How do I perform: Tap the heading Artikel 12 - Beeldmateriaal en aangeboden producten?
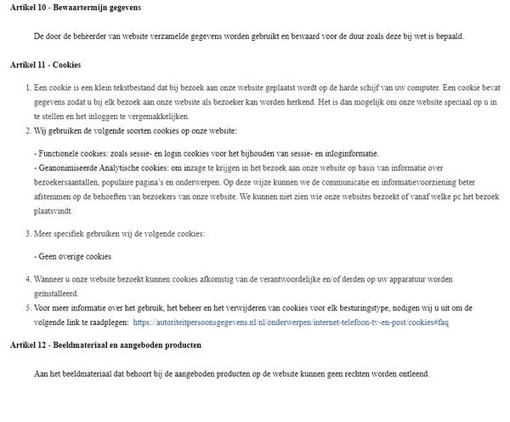[106, 346]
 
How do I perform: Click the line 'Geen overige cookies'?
[74, 256]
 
